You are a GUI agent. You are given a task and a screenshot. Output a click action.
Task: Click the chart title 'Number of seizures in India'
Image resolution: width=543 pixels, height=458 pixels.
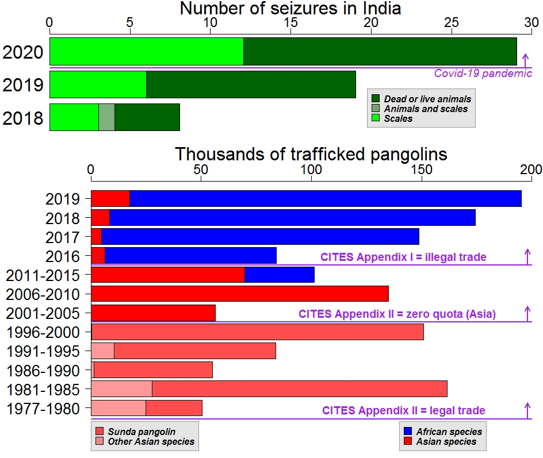[x=290, y=9]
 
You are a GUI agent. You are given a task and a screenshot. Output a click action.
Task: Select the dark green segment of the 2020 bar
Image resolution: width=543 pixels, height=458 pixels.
[x=380, y=52]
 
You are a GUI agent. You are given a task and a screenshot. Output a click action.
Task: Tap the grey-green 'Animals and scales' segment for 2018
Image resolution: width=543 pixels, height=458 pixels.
[x=106, y=117]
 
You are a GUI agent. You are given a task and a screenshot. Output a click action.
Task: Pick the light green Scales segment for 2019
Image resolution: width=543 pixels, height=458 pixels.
[x=98, y=84]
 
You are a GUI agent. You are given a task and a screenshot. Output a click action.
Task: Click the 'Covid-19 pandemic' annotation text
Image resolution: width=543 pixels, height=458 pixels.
[x=483, y=74]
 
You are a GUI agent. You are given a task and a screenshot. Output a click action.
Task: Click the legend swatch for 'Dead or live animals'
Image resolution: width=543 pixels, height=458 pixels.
[x=376, y=99]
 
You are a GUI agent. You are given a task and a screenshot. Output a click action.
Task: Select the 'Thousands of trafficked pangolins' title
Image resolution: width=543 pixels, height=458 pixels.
[x=311, y=154]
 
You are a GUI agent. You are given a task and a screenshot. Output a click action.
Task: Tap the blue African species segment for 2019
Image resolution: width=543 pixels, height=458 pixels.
[x=325, y=198]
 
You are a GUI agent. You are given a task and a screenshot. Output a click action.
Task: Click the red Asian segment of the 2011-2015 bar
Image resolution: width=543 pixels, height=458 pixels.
[x=167, y=275]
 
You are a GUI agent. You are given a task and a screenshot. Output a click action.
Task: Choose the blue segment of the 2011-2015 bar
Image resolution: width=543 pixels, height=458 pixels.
[x=280, y=275]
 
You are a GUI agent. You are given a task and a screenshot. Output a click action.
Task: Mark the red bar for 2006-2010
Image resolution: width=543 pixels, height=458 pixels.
[x=239, y=294]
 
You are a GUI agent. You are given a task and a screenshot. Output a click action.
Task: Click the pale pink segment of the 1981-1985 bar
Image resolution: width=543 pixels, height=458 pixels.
[x=121, y=389]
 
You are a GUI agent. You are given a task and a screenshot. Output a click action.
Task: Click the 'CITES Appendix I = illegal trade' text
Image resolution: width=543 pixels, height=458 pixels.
[x=403, y=257]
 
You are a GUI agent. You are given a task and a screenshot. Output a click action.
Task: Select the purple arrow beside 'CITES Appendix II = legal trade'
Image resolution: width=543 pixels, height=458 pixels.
[x=527, y=410]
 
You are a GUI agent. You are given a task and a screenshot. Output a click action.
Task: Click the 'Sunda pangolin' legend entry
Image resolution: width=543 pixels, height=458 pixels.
[x=142, y=432]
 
